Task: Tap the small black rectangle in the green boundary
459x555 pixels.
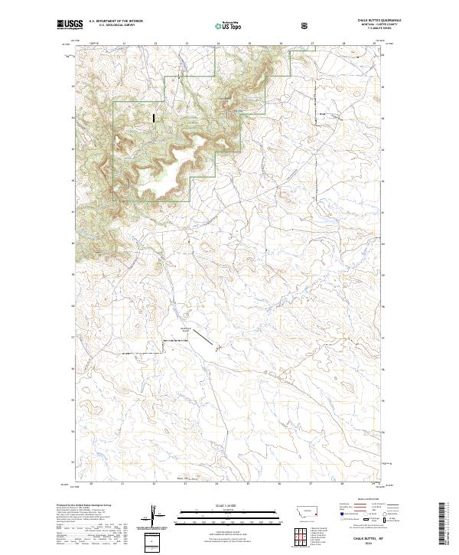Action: click(x=154, y=118)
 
